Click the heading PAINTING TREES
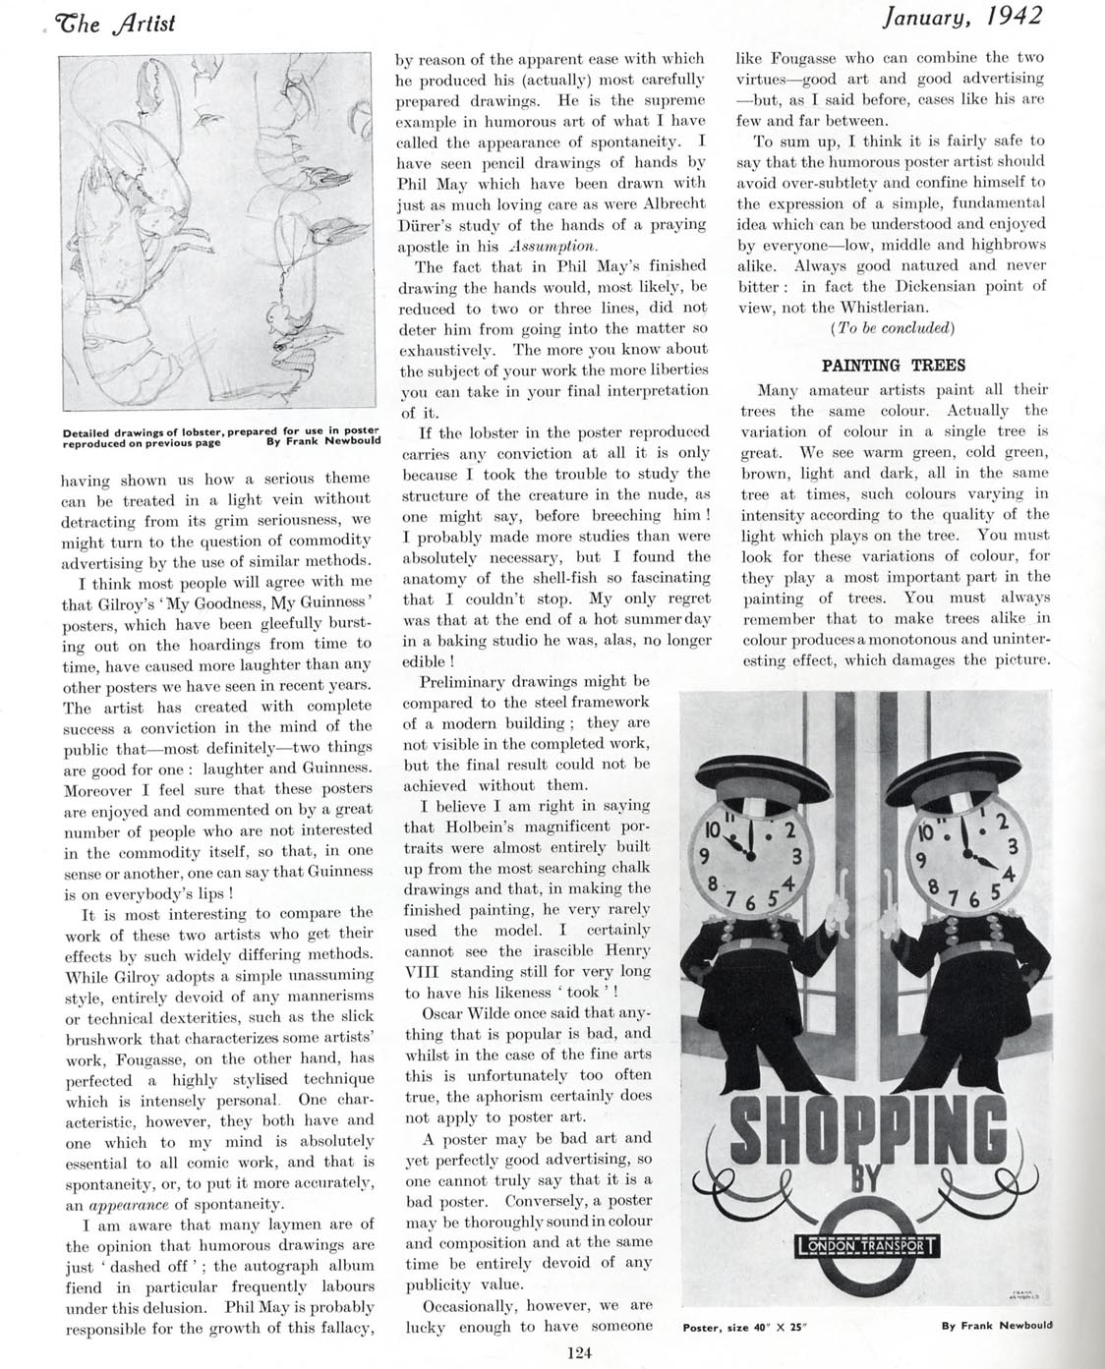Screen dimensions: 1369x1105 tap(893, 366)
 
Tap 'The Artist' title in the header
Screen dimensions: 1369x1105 tap(117, 21)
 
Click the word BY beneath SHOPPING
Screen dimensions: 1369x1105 tap(864, 1180)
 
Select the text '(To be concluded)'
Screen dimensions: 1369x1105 tap(893, 327)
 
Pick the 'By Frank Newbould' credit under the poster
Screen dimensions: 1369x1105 tap(996, 1325)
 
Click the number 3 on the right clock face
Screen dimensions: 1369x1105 tap(1011, 844)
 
